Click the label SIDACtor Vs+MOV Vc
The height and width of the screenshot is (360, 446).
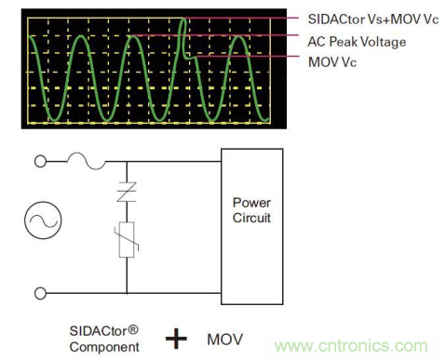tap(373, 20)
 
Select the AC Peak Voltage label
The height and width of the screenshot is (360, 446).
tap(357, 42)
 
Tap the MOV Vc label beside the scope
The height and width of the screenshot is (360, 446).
tap(332, 62)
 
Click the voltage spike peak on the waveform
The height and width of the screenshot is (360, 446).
tap(183, 20)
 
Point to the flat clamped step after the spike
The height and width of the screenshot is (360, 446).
tap(190, 58)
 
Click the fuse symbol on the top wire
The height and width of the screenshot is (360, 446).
tap(86, 161)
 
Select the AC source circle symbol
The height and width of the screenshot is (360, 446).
tap(43, 220)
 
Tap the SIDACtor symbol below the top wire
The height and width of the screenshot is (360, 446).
tap(127, 193)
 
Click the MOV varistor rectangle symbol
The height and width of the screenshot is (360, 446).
tap(127, 240)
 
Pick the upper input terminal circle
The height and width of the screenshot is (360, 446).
tap(40, 162)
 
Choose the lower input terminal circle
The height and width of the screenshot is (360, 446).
tap(40, 293)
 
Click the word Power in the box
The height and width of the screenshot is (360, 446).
tap(251, 203)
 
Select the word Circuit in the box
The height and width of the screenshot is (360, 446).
tap(251, 218)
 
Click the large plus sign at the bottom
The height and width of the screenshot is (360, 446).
tap(176, 339)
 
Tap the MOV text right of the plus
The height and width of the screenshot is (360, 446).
tap(225, 340)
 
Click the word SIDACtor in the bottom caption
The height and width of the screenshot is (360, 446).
tap(98, 331)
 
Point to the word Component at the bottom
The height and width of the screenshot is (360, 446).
tap(104, 347)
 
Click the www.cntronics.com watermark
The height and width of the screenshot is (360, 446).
tap(351, 345)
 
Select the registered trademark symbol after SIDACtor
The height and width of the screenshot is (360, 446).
tap(132, 329)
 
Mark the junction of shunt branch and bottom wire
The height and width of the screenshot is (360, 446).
tap(127, 293)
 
